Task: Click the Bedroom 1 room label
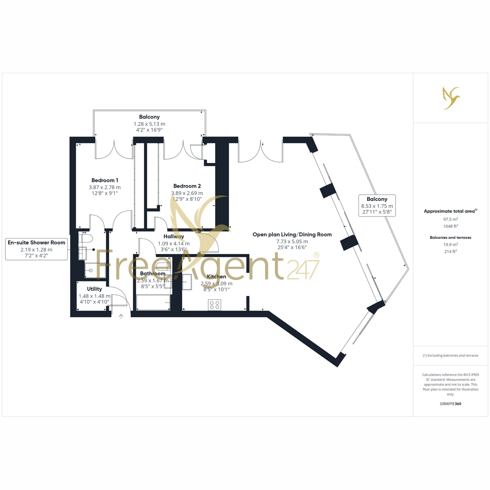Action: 105,180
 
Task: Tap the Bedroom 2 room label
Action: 187,186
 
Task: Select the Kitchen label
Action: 216,276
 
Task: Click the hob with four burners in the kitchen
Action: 215,305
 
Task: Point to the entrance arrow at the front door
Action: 121,316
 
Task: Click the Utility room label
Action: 94,289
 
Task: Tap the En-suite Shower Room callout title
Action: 36,243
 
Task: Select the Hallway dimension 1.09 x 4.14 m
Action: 174,244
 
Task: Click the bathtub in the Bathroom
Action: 153,303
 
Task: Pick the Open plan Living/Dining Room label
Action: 292,234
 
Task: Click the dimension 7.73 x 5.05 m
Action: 292,242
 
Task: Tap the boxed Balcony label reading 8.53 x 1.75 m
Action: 377,205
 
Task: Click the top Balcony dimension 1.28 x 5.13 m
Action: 149,124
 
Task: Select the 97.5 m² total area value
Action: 450,219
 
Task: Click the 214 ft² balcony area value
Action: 450,252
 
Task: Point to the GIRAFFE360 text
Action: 450,403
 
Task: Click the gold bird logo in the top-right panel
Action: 451,98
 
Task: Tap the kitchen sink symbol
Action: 187,281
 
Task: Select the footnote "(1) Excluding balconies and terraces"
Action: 450,356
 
